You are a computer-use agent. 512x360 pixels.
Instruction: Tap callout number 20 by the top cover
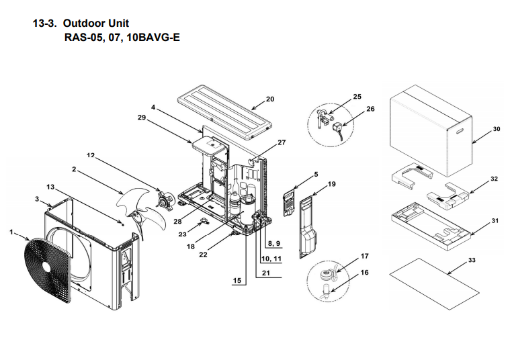pyautogui.click(x=270, y=99)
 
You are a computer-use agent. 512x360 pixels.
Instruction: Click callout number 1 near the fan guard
pyautogui.click(x=11, y=232)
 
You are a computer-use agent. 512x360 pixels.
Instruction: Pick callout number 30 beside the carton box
pyautogui.click(x=497, y=128)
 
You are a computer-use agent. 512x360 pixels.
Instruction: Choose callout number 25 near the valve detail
pyautogui.click(x=357, y=97)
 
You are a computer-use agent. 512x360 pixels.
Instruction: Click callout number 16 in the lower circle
pyautogui.click(x=364, y=272)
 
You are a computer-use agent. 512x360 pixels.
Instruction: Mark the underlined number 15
pyautogui.click(x=237, y=281)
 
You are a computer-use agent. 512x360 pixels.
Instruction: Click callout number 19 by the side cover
pyautogui.click(x=331, y=183)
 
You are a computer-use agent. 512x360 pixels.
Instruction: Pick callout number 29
pyautogui.click(x=141, y=117)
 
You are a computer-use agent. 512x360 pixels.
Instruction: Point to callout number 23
pyautogui.click(x=182, y=234)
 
